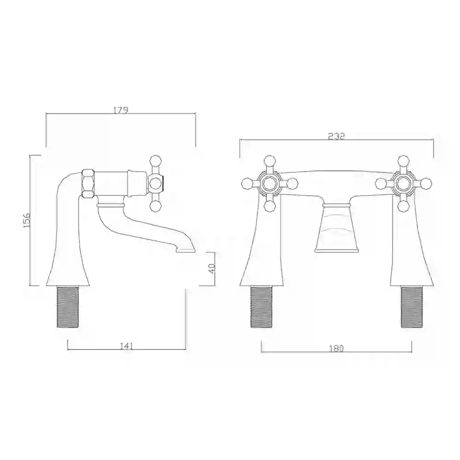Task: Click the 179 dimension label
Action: tap(121, 110)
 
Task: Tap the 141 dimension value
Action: tap(126, 346)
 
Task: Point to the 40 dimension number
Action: tap(212, 268)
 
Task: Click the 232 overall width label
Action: tap(336, 136)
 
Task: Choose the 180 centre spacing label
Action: tap(336, 349)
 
